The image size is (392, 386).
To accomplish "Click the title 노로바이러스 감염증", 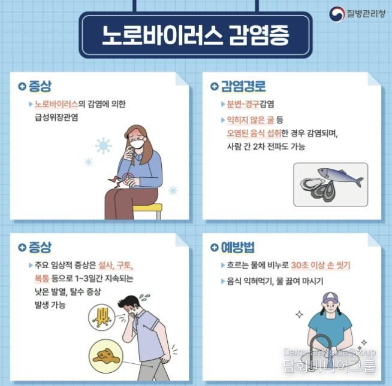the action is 195,35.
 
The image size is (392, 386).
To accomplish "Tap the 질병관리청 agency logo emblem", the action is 337,14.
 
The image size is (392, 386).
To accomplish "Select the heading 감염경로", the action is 243,86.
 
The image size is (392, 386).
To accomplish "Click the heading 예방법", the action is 238,247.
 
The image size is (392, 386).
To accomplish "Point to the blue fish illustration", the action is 340,177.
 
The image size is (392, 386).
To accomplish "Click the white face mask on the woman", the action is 137,144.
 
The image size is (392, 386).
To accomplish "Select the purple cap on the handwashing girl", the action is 330,297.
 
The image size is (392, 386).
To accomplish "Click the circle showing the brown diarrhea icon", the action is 106,356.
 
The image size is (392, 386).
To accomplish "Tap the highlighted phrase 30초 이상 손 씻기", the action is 321,265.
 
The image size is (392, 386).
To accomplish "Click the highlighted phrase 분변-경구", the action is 243,104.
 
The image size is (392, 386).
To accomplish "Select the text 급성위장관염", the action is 56,117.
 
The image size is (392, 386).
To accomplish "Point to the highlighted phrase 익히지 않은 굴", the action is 251,120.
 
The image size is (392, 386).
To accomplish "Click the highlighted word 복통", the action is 42,278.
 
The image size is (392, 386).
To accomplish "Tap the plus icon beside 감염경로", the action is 214,86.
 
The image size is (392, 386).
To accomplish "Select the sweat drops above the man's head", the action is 144,297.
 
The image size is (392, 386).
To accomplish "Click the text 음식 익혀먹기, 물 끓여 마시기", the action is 275,281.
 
